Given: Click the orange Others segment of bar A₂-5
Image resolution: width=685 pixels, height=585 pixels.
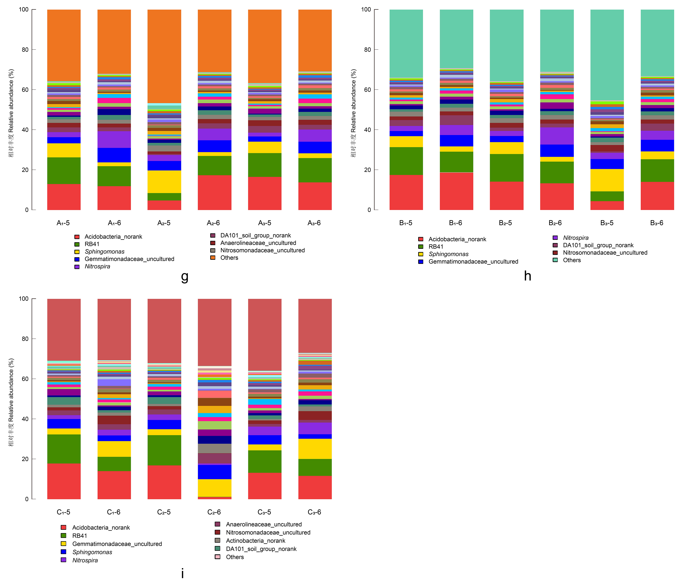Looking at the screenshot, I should [x=164, y=56].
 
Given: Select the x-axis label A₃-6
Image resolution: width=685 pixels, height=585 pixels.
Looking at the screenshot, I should [x=314, y=223].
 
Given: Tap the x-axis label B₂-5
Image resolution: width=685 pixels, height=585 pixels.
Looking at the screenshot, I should [x=506, y=223].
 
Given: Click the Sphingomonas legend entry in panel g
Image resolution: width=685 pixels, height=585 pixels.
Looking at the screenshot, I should [x=104, y=252].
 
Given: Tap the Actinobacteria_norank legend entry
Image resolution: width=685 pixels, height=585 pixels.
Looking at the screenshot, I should [x=255, y=541].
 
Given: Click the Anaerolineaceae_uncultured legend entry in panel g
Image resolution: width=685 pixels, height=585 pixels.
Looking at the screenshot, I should [x=258, y=243].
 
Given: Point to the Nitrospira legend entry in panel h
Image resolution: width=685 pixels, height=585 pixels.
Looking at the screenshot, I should [x=576, y=238].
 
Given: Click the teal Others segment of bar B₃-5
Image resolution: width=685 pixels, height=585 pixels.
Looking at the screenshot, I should [x=607, y=55].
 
